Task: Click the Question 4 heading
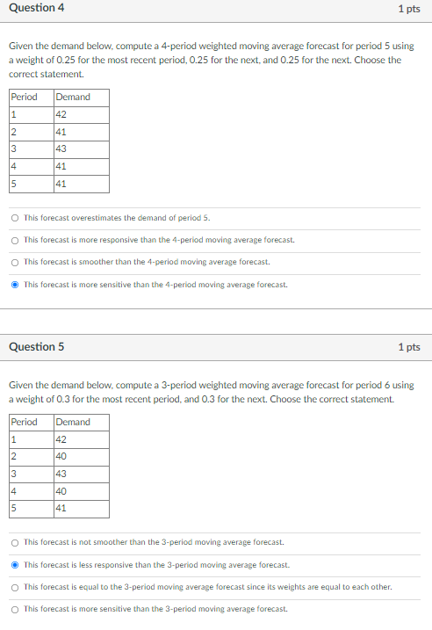pos(36,8)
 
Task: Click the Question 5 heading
pos(36,346)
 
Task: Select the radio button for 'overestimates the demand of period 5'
pos(16,217)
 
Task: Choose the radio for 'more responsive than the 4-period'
pos(16,239)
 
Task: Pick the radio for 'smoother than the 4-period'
pos(16,261)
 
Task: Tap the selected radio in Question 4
pos(16,284)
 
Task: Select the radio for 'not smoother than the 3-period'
pos(16,542)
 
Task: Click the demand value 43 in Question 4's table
pos(61,148)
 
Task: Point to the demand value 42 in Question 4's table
pos(61,114)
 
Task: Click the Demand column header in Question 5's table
pos(73,422)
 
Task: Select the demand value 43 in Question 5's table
pos(61,474)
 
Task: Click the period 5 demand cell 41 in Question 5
pos(61,509)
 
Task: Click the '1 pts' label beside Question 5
pos(408,346)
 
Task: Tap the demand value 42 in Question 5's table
pos(61,439)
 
